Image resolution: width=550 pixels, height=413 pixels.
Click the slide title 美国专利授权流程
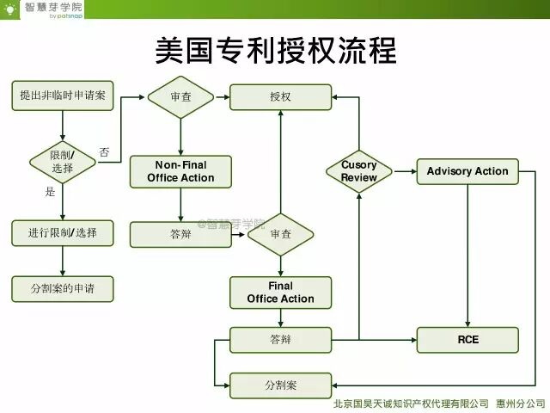click(x=275, y=49)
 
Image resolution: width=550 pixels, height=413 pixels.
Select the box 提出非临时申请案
click(x=63, y=96)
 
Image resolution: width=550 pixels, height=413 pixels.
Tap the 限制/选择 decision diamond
click(x=63, y=161)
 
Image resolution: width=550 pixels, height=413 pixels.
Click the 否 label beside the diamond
click(x=104, y=152)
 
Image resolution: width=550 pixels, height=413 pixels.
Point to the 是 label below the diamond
click(x=50, y=192)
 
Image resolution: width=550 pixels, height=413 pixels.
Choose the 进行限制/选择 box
click(x=63, y=232)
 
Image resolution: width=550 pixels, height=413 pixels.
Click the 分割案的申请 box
click(x=63, y=288)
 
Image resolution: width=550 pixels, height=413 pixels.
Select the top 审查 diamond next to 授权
click(x=180, y=97)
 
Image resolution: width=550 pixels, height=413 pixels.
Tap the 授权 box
click(x=280, y=97)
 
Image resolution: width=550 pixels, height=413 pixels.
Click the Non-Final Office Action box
click(x=180, y=171)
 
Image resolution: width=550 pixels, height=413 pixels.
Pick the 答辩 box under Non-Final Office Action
click(x=180, y=234)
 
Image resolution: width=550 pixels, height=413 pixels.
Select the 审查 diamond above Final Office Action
click(x=280, y=234)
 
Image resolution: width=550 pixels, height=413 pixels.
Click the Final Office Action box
click(x=280, y=293)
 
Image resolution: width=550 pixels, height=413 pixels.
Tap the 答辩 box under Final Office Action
click(x=280, y=340)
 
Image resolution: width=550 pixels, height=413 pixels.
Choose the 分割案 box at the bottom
click(x=280, y=385)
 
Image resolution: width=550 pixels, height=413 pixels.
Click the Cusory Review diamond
click(x=359, y=171)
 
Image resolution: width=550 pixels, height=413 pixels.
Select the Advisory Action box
click(x=467, y=171)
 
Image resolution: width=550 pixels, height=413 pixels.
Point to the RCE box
click(x=467, y=340)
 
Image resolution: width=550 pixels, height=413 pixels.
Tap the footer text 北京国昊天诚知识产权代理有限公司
click(x=411, y=403)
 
